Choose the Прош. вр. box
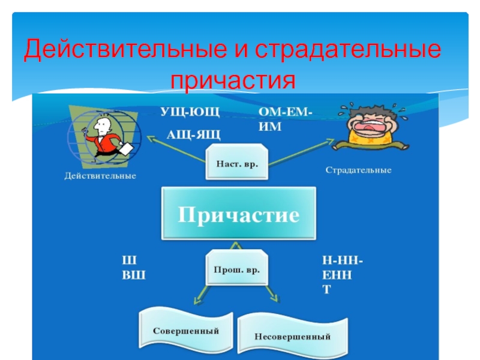pyautogui.click(x=236, y=271)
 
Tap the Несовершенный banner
pyautogui.click(x=293, y=336)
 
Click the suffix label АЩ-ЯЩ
pyautogui.click(x=193, y=134)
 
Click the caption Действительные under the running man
pyautogui.click(x=100, y=176)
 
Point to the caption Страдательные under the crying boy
pyautogui.click(x=358, y=170)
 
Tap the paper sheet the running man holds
pyautogui.click(x=125, y=149)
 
